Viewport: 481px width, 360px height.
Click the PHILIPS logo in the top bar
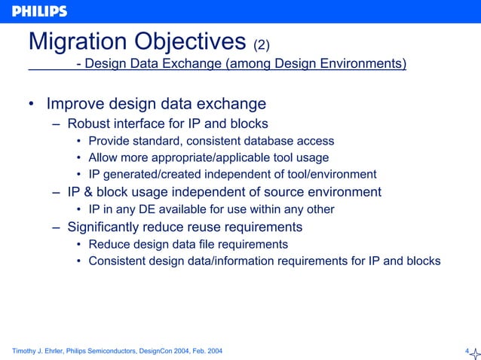click(x=39, y=11)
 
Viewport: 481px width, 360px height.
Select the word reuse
click(x=216, y=227)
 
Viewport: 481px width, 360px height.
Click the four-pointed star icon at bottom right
click(x=474, y=351)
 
